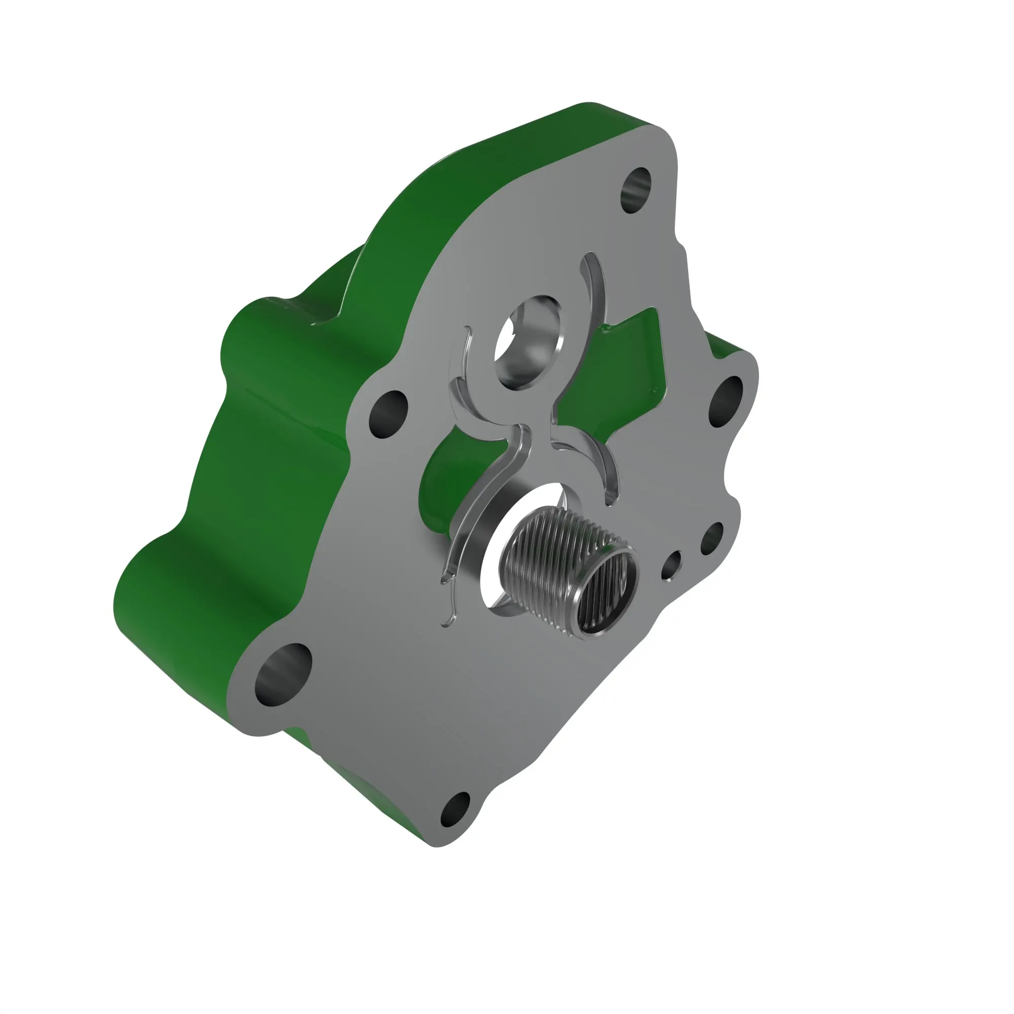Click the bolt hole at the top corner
tap(636, 190)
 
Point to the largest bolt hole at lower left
tap(282, 675)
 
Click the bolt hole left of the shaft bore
tap(388, 414)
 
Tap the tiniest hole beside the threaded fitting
tap(670, 566)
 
